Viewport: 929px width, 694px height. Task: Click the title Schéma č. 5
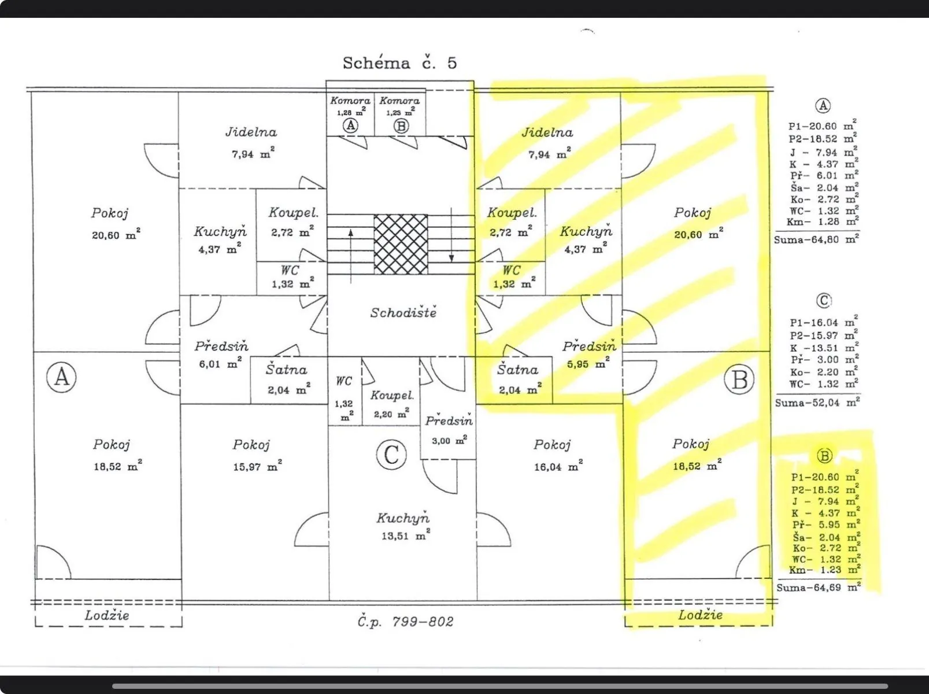pos(399,62)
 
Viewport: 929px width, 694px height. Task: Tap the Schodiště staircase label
pos(403,312)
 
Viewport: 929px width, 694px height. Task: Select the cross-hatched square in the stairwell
pos(401,244)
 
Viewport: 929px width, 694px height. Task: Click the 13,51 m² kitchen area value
pos(405,535)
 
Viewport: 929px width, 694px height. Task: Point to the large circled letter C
pos(391,455)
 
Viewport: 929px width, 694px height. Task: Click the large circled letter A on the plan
pos(61,377)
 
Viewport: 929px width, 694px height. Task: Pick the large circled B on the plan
pos(739,379)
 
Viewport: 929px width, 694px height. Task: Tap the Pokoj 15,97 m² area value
pos(257,466)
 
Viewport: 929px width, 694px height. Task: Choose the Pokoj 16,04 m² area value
pos(558,467)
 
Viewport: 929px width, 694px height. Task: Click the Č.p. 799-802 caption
pos(405,622)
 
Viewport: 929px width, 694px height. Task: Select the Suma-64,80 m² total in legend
pos(816,239)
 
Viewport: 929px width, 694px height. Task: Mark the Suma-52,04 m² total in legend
pos(817,403)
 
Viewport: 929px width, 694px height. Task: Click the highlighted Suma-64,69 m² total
pos(819,587)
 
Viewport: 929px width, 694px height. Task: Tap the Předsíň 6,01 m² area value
pos(220,363)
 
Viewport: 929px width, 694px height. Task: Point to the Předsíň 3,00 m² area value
pos(449,440)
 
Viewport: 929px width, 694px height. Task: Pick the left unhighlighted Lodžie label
pos(106,615)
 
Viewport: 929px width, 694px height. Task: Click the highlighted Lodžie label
pos(700,615)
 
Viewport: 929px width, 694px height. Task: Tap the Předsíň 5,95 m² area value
pos(589,363)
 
